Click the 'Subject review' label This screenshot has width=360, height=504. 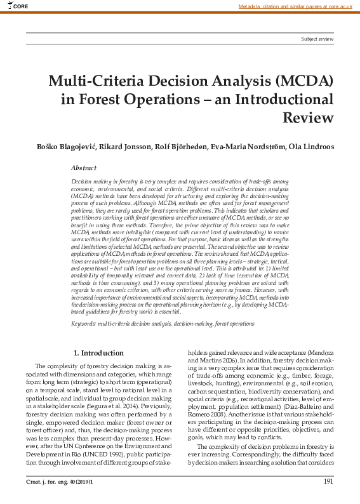(317, 39)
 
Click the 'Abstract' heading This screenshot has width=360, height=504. (84, 168)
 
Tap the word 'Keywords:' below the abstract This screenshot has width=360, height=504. (83, 324)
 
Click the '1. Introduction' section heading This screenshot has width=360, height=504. (98, 352)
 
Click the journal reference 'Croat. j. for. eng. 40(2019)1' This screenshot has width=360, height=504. (57, 482)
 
